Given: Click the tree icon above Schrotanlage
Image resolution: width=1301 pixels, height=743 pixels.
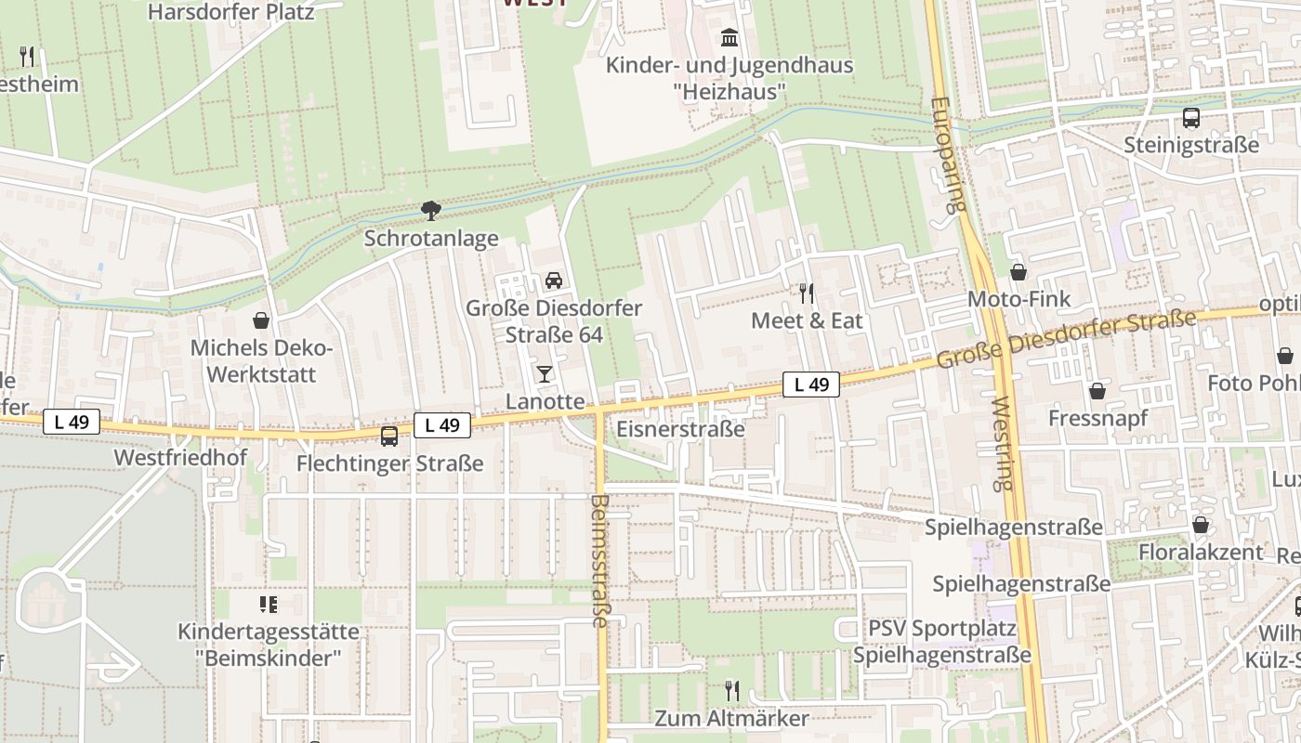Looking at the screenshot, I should tap(431, 211).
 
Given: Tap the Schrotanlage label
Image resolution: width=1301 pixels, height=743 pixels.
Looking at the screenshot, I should tap(431, 239).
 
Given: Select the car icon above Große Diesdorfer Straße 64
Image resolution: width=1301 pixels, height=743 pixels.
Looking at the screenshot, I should tap(554, 280).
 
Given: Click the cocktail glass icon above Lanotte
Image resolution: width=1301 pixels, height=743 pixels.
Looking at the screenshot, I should tap(545, 374).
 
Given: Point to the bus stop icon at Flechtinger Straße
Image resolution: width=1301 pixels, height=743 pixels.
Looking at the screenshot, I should tap(389, 436).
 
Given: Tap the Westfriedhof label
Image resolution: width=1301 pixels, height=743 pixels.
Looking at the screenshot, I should tap(180, 458).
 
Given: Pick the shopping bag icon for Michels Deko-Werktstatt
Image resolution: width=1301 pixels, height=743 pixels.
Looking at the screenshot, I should tap(261, 320).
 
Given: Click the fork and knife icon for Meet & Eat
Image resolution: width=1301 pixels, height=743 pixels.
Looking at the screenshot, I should tap(807, 293).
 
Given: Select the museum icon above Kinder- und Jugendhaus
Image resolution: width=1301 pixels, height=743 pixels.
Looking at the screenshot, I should tap(729, 39).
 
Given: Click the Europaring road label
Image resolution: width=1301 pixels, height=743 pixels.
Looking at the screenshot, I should tap(946, 155).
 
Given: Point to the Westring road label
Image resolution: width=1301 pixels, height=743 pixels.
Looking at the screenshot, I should tap(1001, 444).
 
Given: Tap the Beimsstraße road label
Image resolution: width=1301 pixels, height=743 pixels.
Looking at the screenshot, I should tap(599, 560).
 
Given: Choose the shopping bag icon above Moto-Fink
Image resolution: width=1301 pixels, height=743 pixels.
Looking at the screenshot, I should tap(1018, 272).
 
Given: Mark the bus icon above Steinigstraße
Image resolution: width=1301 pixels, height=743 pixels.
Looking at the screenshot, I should tap(1191, 118).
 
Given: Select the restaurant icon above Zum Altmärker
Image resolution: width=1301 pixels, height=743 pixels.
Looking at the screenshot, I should tap(732, 690).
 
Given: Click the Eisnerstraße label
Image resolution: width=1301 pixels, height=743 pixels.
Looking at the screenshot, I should tap(681, 429).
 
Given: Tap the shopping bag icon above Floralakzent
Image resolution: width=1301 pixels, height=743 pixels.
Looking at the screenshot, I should tap(1201, 525).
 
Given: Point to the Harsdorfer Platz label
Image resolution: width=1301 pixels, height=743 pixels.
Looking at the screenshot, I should tap(231, 12).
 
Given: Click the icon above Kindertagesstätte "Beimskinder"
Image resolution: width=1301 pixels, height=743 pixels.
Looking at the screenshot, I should tap(269, 606).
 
